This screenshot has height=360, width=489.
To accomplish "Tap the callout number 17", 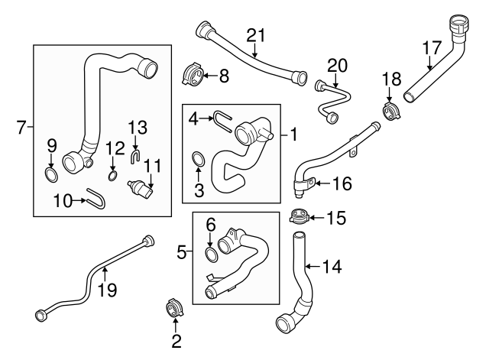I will (432, 47).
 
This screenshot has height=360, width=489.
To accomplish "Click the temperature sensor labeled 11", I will (142, 187).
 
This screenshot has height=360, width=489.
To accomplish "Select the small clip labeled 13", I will (134, 157).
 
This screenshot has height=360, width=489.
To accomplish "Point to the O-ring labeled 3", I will (197, 159).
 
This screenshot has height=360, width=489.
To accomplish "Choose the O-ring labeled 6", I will (212, 253).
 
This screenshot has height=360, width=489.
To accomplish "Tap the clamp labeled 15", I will (300, 217).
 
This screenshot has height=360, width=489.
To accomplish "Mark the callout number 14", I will (332, 267).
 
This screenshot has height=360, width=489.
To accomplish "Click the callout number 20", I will (337, 65).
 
